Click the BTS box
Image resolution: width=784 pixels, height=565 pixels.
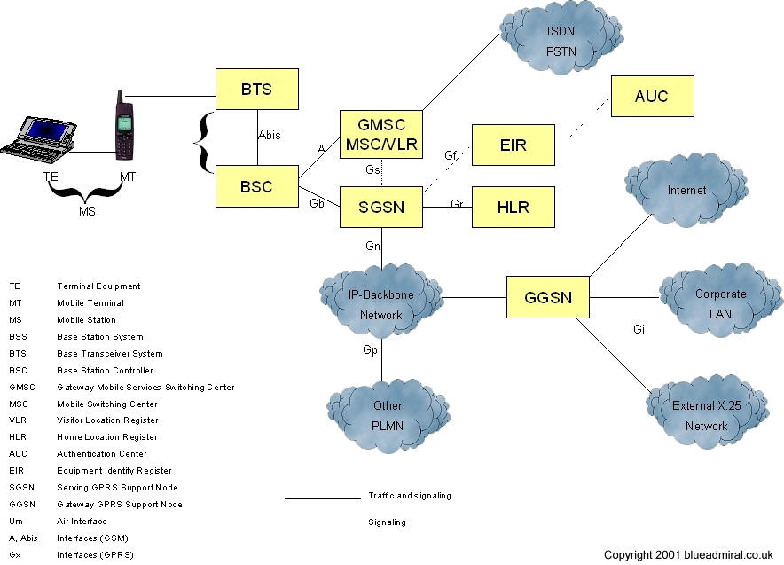tap(257, 90)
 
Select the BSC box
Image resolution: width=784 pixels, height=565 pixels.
tap(257, 186)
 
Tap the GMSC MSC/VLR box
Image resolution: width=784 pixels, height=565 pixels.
tap(380, 134)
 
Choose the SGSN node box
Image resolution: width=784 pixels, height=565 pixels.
tap(380, 208)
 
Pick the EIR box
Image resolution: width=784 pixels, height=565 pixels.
tap(513, 145)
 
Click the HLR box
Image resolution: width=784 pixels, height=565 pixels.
tap(513, 207)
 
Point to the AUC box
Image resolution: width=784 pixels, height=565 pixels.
tap(652, 96)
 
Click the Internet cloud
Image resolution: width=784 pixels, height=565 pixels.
tap(687, 192)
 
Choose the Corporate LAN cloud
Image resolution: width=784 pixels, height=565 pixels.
tap(720, 302)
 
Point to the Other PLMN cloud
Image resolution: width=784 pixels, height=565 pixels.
tap(387, 415)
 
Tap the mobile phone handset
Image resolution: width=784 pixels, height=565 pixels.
tap(125, 124)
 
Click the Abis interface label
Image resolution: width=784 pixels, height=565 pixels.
tap(270, 137)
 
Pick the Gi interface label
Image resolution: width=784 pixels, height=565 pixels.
tap(638, 329)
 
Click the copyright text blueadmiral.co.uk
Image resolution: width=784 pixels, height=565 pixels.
tap(691, 554)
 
